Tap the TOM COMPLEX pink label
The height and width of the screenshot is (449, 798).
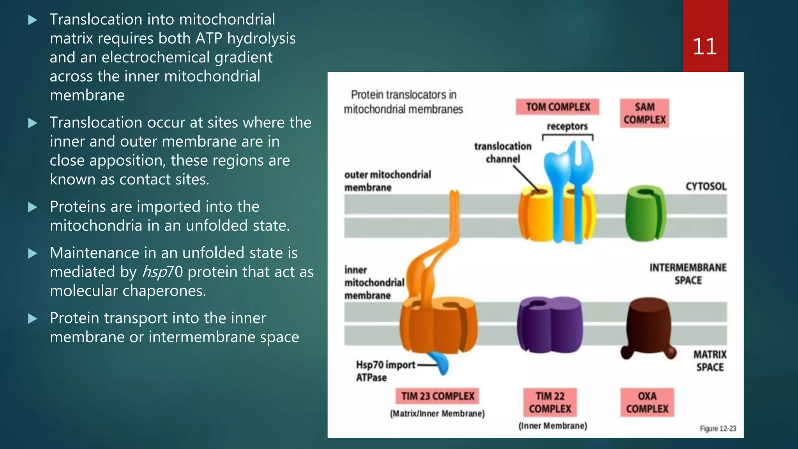558,107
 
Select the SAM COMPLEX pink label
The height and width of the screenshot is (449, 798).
644,113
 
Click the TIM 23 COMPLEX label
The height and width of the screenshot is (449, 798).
438,396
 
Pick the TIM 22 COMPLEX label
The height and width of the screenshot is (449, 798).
550,402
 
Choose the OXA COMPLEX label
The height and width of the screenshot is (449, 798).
647,402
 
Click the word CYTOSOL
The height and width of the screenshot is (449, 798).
706,186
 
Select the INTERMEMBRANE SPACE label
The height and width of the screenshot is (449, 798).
688,274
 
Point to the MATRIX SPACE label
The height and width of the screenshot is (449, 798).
710,361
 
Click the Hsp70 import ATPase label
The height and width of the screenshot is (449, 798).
385,371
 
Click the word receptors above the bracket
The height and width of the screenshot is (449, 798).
567,126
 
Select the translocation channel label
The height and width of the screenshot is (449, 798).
503,152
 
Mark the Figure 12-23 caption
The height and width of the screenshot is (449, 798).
718,428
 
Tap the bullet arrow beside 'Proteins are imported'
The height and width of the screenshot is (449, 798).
33,207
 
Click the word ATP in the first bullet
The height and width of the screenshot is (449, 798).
208,39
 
